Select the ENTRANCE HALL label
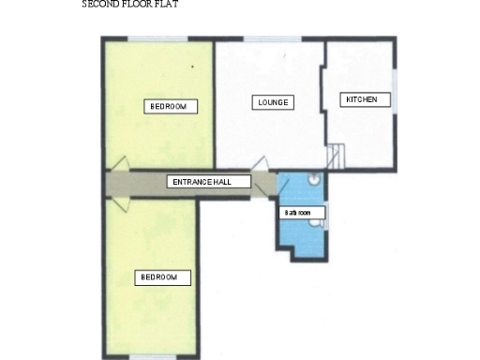(x=210, y=182)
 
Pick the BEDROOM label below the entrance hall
(x=164, y=277)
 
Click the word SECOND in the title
(x=100, y=5)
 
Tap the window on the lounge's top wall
(x=271, y=38)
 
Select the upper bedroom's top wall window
(x=155, y=38)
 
